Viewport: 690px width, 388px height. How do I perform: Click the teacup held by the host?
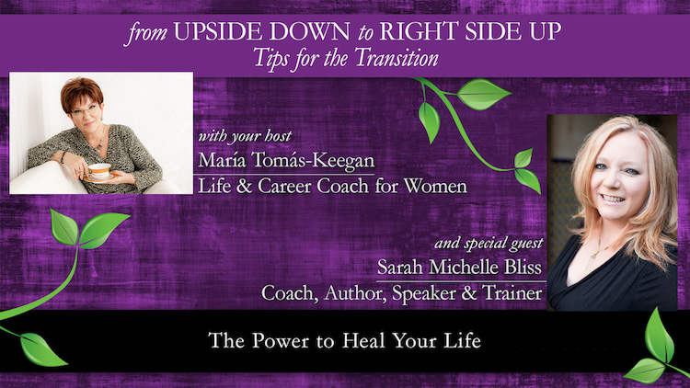click(x=99, y=171)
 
